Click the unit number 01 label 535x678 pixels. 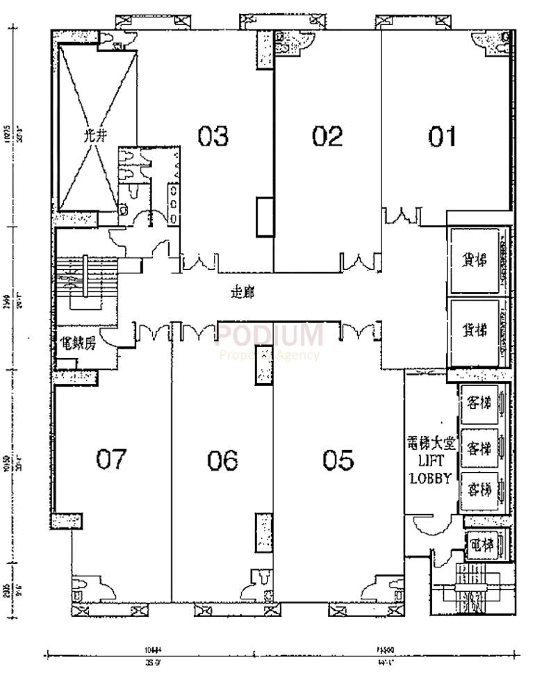(x=443, y=136)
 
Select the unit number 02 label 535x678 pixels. (x=327, y=136)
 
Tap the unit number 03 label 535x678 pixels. (x=213, y=136)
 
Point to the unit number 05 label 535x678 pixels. (x=338, y=460)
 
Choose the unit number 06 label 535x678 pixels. (x=222, y=460)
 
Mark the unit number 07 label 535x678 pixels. (x=111, y=460)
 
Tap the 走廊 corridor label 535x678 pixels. (x=242, y=293)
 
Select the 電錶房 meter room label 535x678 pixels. (x=76, y=343)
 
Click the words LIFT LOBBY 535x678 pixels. (x=431, y=471)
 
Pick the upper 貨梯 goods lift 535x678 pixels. (x=475, y=260)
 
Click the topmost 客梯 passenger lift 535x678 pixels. (x=479, y=403)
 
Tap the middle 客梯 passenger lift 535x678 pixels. (x=479, y=446)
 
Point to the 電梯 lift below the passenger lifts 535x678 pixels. (x=481, y=544)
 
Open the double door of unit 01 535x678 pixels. (x=400, y=216)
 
